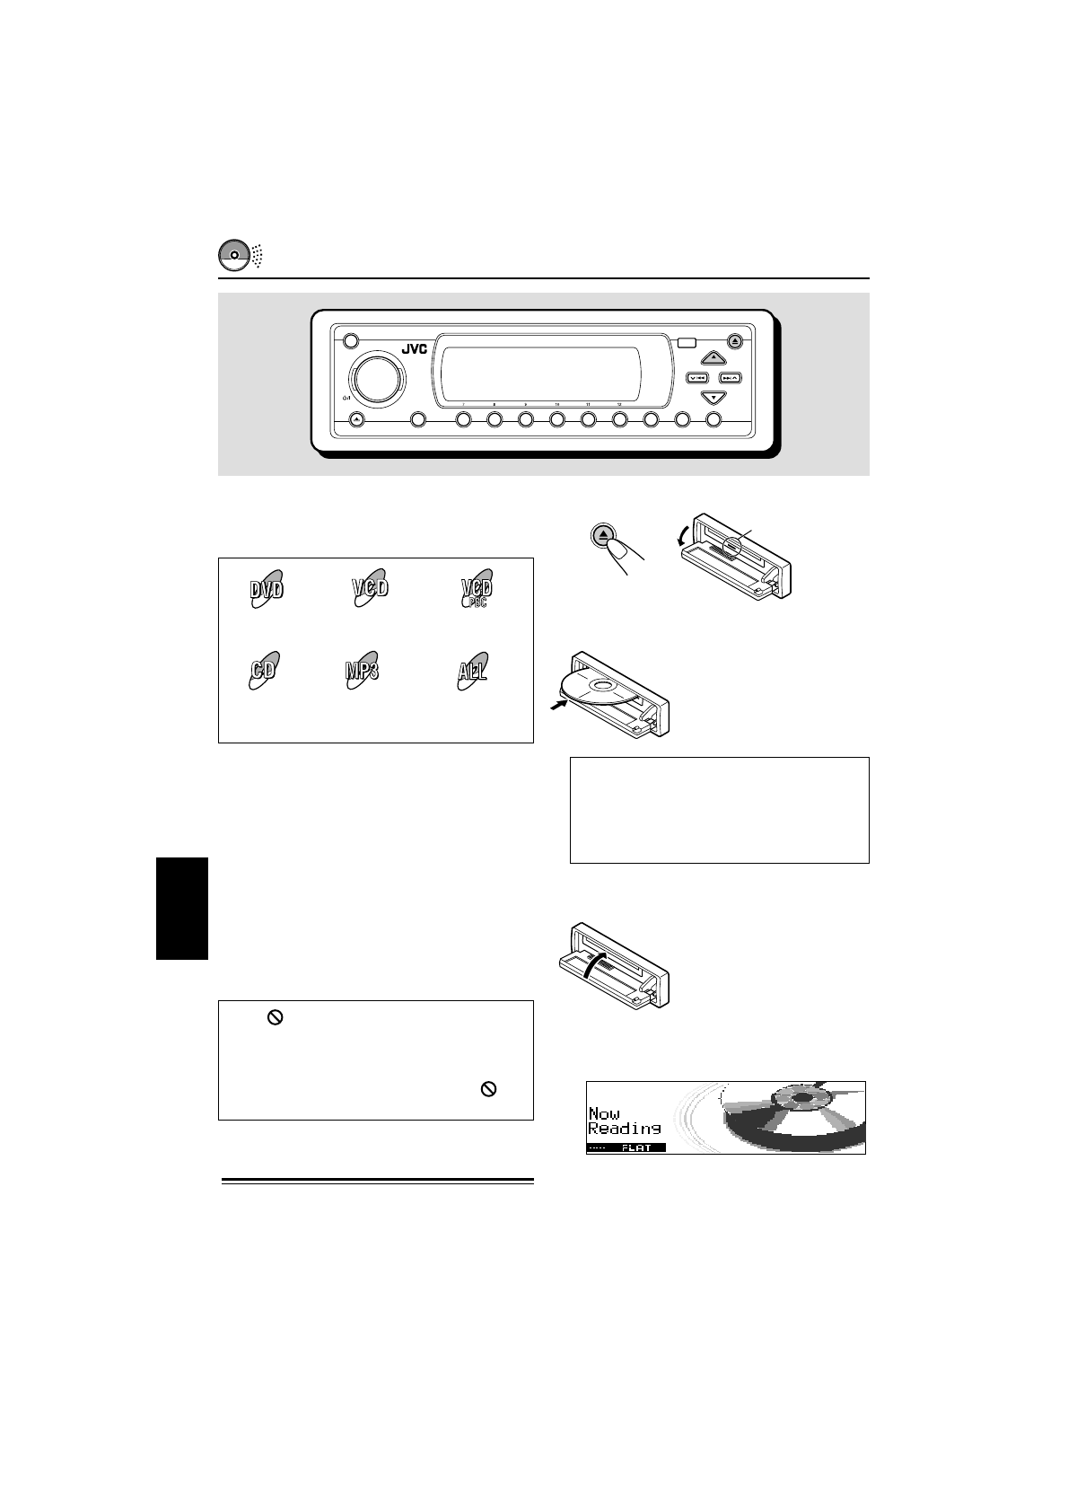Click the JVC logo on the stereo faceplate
(414, 349)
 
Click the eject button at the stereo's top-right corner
(735, 340)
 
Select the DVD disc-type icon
(267, 590)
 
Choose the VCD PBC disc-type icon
(477, 590)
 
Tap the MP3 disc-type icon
(361, 671)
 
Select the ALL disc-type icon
(472, 671)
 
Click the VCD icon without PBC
(370, 588)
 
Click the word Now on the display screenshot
(604, 1113)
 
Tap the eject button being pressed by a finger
(605, 536)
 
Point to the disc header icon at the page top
(233, 255)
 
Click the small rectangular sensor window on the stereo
(687, 342)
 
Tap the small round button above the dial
(350, 341)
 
